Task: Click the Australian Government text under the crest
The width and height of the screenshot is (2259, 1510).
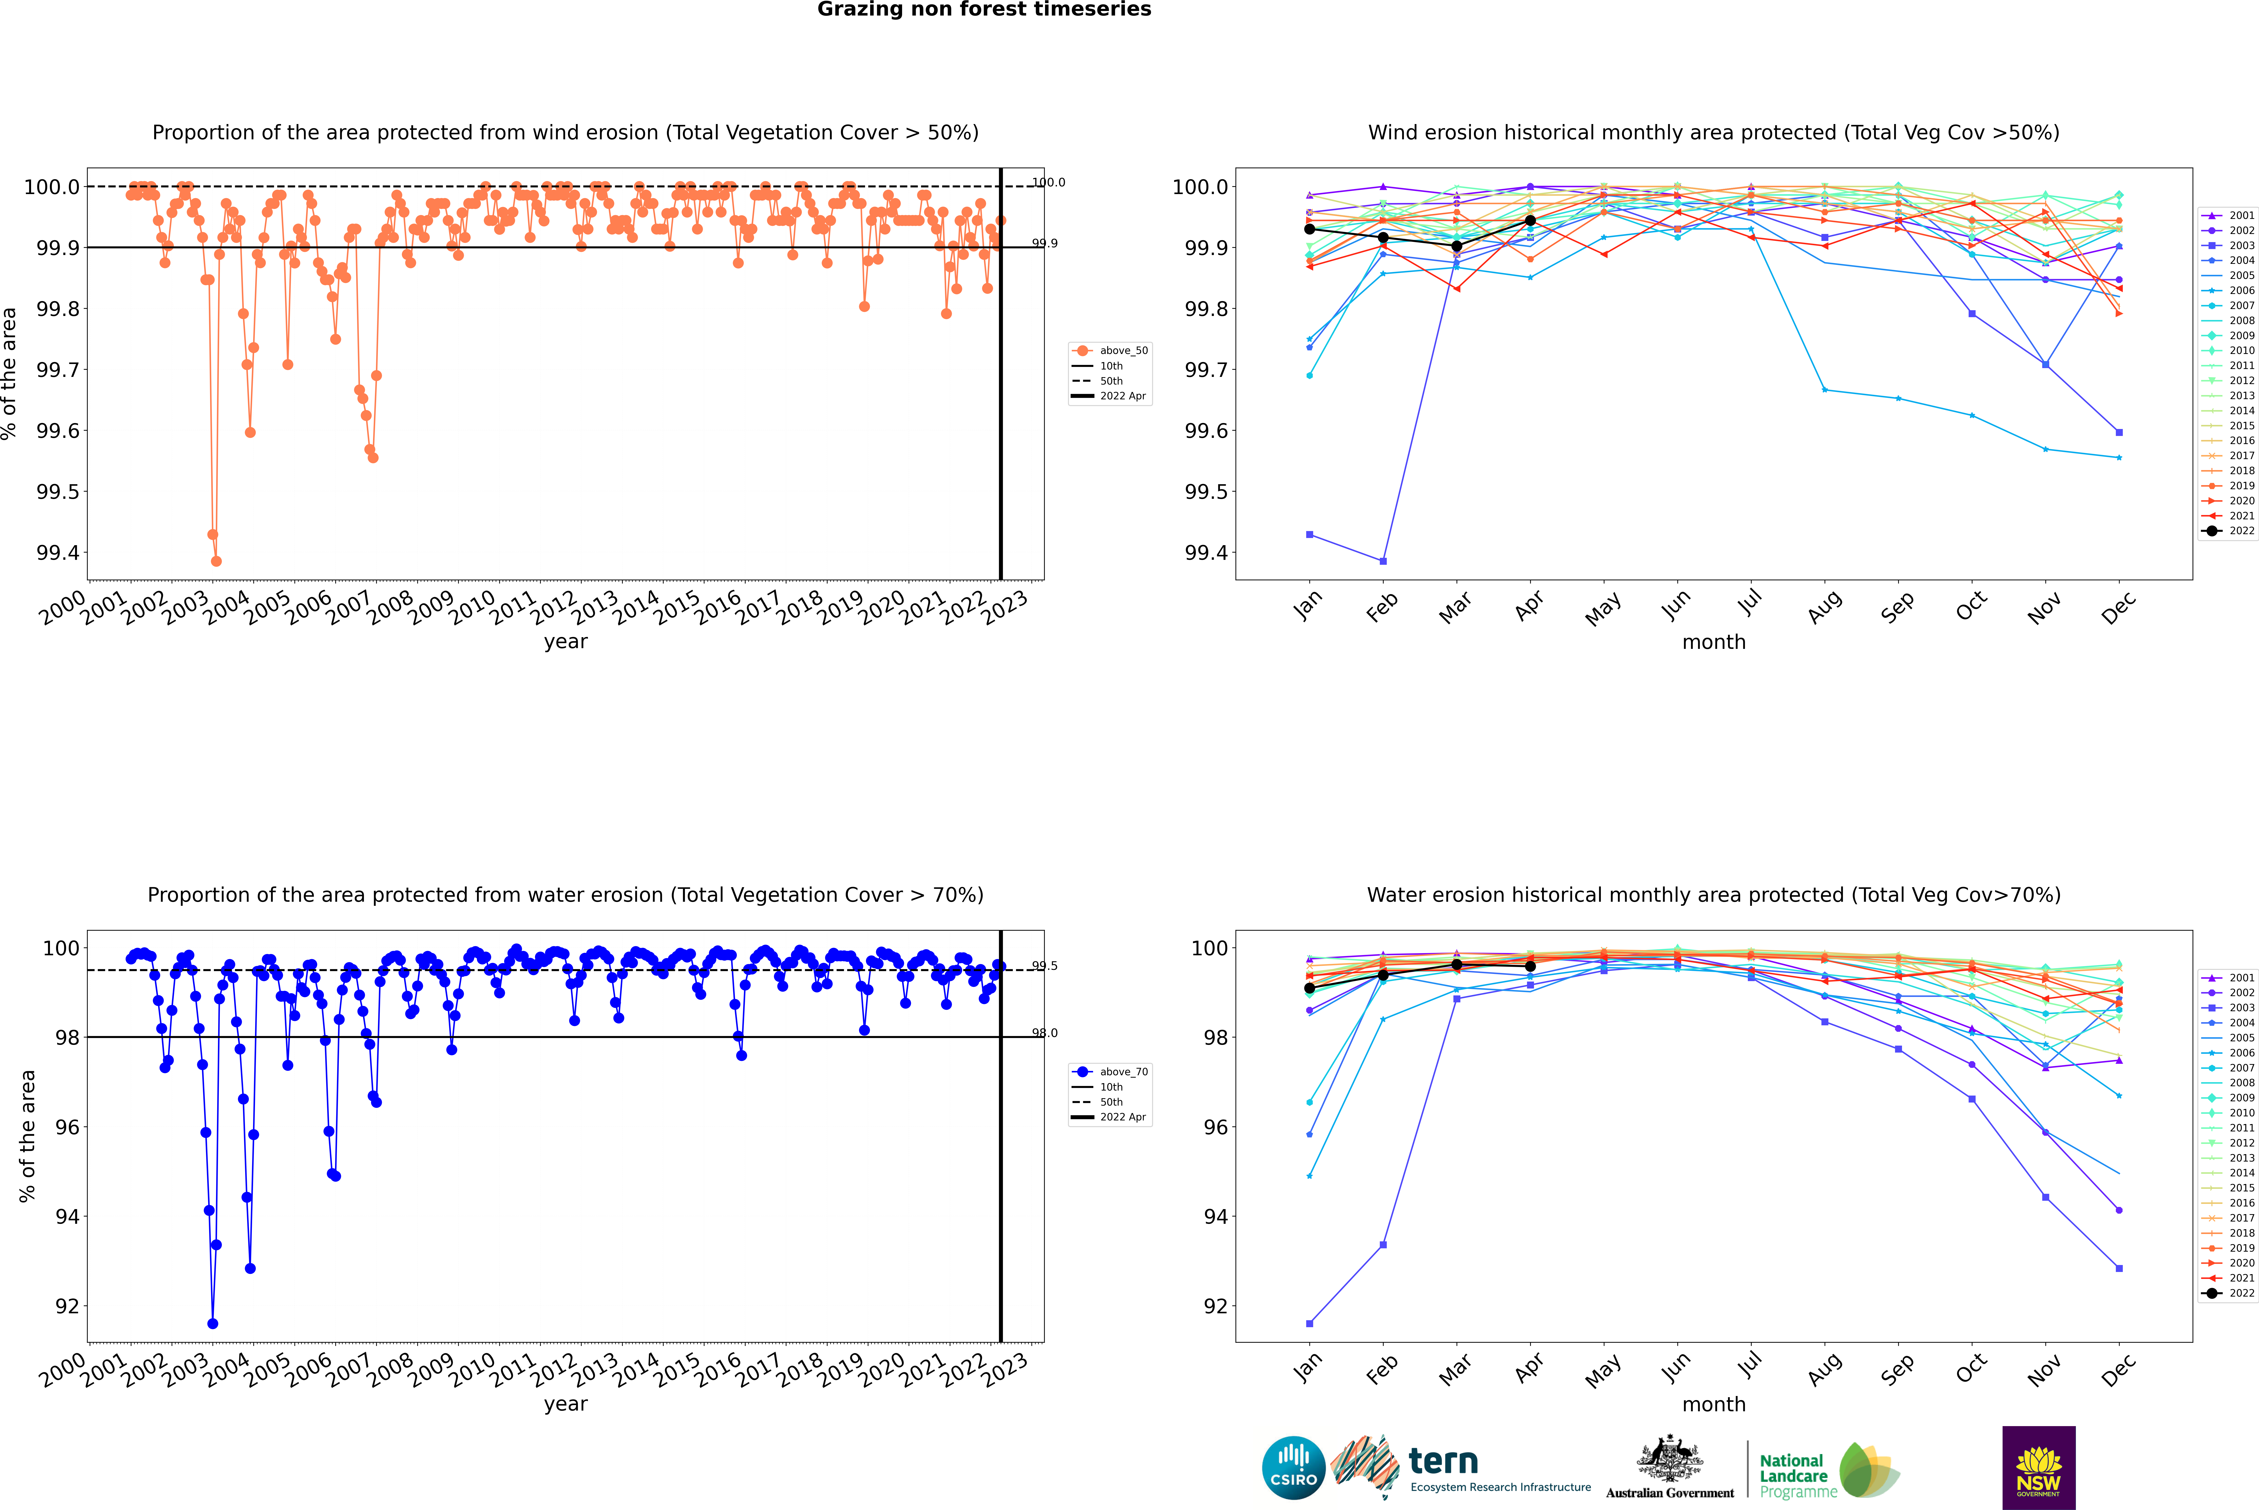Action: tap(1670, 1493)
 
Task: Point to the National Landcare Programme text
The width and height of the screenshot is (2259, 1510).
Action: tap(1793, 1475)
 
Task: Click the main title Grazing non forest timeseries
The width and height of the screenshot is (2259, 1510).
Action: tap(984, 10)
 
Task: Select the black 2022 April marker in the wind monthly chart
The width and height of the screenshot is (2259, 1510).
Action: tap(1530, 221)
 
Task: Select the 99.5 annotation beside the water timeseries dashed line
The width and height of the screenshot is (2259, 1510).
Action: tap(1045, 966)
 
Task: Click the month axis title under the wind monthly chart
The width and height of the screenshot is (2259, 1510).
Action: tap(1714, 642)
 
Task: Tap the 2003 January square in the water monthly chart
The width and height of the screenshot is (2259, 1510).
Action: tap(1310, 1324)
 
